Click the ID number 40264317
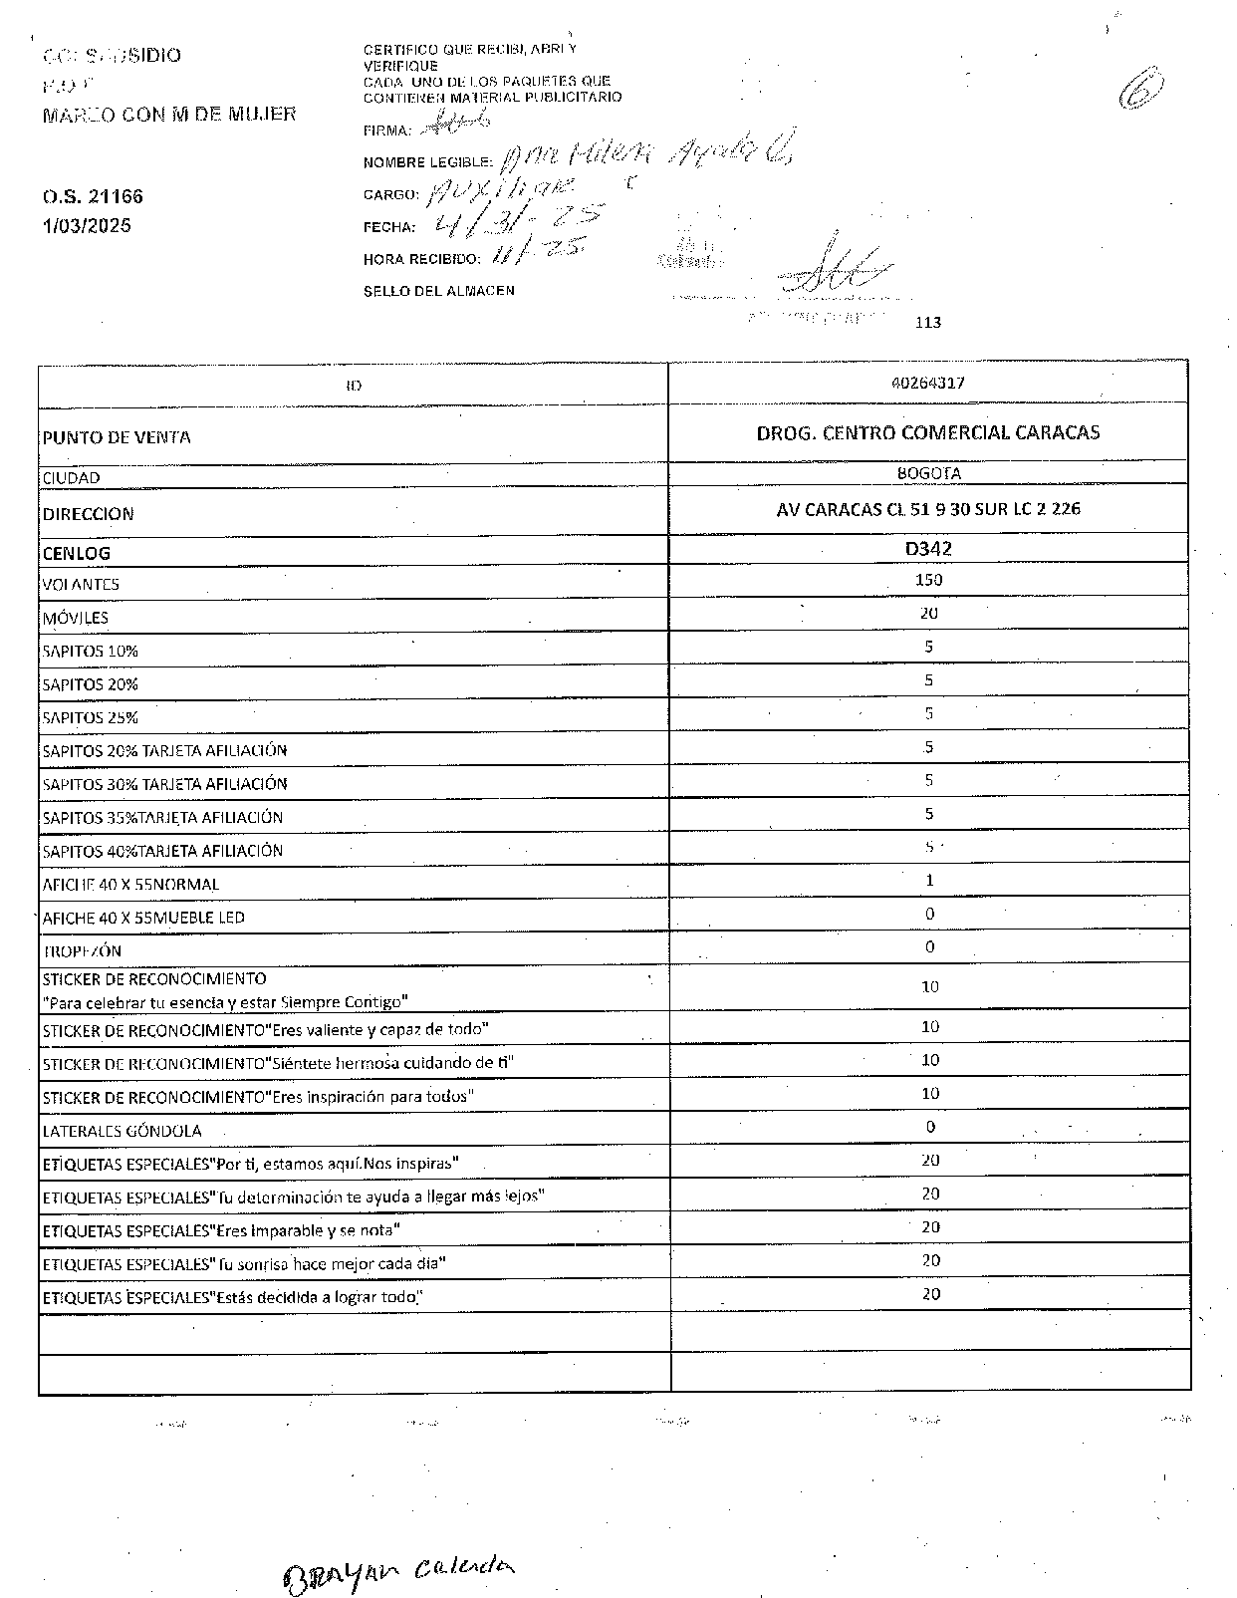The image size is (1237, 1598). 928,383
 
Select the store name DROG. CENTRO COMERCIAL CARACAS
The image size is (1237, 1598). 928,432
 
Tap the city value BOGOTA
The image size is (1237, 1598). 928,474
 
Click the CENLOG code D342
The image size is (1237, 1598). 928,549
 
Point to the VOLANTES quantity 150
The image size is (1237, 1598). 928,580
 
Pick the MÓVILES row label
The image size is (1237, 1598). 76,618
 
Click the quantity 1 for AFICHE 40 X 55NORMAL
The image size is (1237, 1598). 929,881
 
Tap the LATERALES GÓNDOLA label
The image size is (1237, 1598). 122,1131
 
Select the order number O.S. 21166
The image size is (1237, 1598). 86,197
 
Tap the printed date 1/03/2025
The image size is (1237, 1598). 87,226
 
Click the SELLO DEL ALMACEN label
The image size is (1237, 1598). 439,291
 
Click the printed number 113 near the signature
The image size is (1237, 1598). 926,323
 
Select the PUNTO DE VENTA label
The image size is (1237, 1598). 117,437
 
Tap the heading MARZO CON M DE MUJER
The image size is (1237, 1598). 169,115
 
